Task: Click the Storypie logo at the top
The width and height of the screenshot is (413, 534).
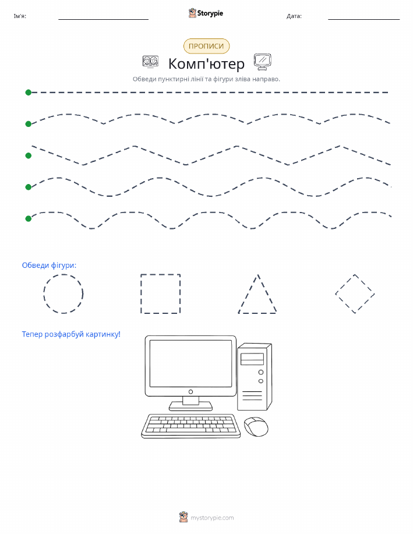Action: point(206,13)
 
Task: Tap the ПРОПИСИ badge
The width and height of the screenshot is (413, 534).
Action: point(206,47)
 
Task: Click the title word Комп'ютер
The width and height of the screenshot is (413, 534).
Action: point(206,63)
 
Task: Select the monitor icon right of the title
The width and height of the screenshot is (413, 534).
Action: point(262,62)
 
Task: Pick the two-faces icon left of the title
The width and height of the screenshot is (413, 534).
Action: point(150,61)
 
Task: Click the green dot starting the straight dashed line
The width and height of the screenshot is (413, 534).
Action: point(29,92)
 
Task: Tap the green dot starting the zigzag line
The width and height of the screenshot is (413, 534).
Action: point(29,155)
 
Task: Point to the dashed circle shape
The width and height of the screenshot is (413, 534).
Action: point(44,293)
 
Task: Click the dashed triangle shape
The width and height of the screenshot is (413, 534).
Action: point(248,293)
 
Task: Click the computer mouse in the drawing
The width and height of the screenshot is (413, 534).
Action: point(256,427)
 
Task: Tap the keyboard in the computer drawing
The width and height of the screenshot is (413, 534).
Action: point(191,426)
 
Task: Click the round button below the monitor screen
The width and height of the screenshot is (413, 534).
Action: point(191,392)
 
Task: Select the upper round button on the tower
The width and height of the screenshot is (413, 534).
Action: point(261,372)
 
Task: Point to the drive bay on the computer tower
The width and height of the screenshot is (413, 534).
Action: point(252,359)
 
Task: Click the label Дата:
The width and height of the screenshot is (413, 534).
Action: point(294,16)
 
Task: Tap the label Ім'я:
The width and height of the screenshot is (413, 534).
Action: point(20,16)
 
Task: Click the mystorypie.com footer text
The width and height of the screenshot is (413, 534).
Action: point(212,518)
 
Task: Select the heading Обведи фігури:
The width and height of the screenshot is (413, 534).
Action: point(49,266)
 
